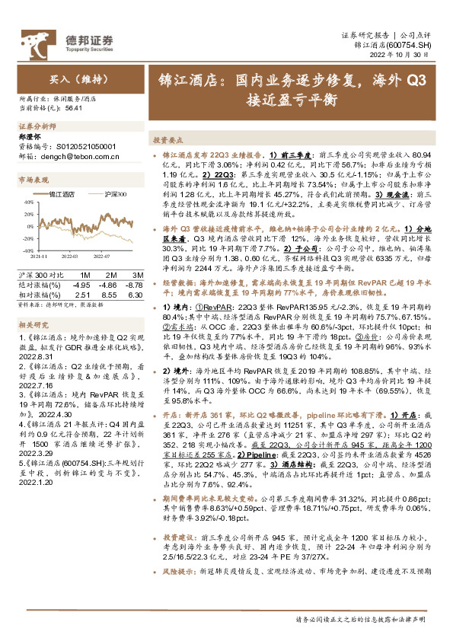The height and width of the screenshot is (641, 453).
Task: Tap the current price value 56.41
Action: pos(73,108)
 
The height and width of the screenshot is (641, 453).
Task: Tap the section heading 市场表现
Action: pos(33,180)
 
